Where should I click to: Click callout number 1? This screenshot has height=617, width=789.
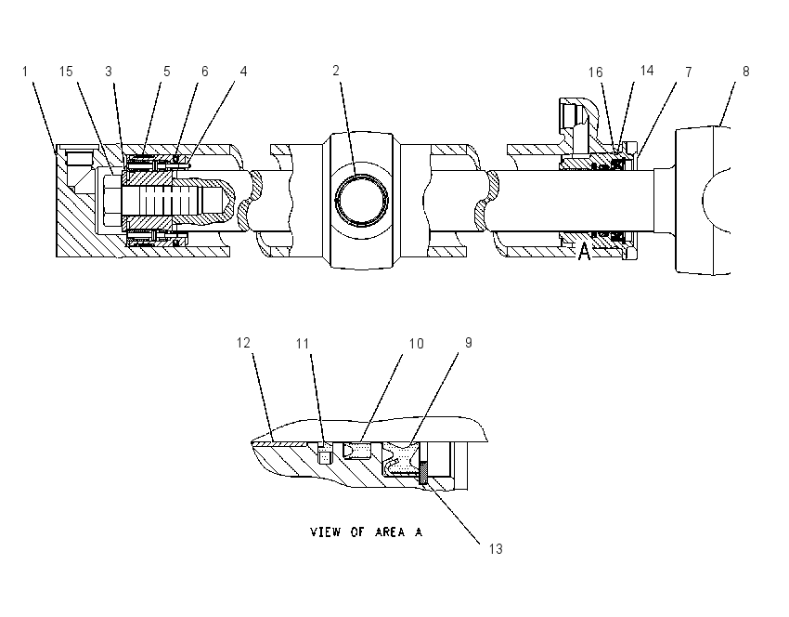tap(25, 72)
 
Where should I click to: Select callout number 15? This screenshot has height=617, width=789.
tap(66, 72)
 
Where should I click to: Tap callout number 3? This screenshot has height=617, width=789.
tap(109, 72)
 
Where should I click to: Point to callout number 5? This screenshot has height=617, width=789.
tap(166, 72)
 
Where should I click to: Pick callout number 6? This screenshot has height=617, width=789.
tap(205, 72)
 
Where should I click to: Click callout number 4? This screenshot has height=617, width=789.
tap(243, 72)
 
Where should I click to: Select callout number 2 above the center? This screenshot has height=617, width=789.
tap(336, 71)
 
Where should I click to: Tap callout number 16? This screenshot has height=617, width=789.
tap(596, 72)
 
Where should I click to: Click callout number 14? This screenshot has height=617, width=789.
tap(647, 71)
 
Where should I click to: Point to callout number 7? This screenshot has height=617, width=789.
tap(689, 72)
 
